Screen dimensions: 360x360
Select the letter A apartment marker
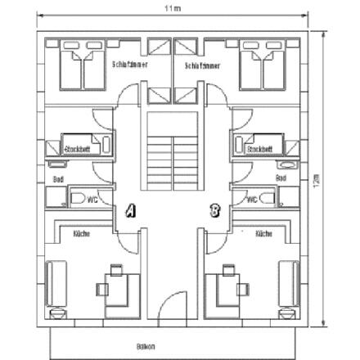coord(128,211)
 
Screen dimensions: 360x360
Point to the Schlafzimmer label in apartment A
coord(130,63)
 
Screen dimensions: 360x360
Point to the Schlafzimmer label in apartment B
coord(202,65)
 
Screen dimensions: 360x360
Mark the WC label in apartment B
coord(252,198)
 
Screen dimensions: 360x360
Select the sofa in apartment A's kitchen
coord(56,283)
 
